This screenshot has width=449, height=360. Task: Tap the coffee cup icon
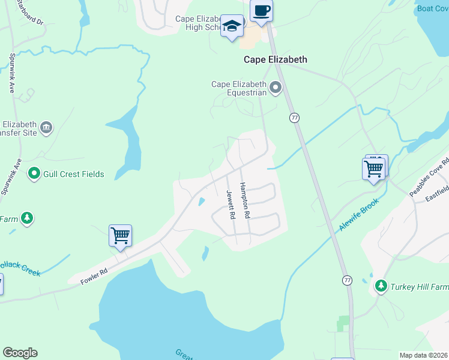tap(261, 10)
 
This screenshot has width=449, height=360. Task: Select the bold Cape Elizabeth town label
tap(275, 59)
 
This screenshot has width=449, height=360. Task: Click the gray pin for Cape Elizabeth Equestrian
tap(276, 88)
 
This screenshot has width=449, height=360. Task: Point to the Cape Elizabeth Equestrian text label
tap(238, 88)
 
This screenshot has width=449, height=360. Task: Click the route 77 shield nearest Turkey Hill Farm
tap(347, 280)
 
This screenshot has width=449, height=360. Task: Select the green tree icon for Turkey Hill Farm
tap(380, 286)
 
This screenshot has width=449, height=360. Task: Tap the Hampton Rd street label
tap(245, 200)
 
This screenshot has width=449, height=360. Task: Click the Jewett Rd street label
tap(230, 205)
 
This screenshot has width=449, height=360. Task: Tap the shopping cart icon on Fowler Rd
tap(120, 235)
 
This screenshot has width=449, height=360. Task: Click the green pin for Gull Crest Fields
tap(34, 174)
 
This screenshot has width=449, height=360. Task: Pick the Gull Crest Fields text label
tap(74, 175)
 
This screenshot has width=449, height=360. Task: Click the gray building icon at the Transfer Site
tap(46, 127)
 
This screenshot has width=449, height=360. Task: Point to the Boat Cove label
tap(433, 8)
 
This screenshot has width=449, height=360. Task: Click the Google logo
tap(20, 353)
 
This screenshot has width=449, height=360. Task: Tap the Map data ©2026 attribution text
tap(423, 355)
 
